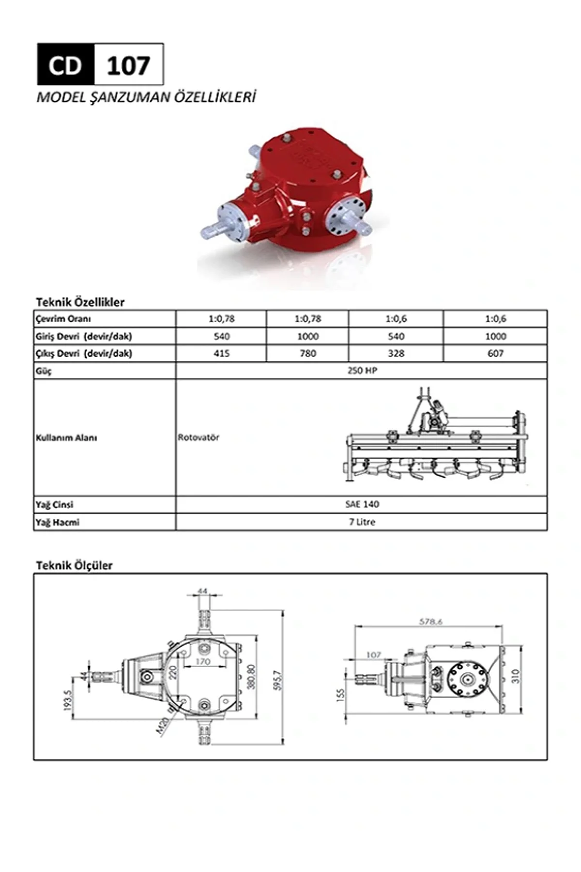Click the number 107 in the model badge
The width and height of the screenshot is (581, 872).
(128, 65)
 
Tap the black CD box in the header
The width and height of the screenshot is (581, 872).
(65, 65)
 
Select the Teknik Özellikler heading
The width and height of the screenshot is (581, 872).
(80, 302)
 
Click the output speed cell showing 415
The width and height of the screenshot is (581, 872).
(221, 354)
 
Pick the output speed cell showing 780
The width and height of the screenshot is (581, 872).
(307, 354)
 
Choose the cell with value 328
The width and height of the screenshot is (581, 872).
(396, 354)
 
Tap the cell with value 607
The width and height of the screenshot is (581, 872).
(495, 354)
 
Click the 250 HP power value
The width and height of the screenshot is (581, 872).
(362, 371)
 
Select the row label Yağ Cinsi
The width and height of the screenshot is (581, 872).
(54, 505)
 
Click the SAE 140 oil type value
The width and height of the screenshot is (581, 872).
(362, 504)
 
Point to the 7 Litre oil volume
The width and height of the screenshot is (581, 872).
(362, 522)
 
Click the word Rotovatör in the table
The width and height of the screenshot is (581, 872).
(199, 437)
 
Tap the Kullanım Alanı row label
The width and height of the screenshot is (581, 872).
(66, 438)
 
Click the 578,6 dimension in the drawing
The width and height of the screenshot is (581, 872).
(430, 622)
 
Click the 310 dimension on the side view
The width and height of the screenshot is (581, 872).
(515, 675)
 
